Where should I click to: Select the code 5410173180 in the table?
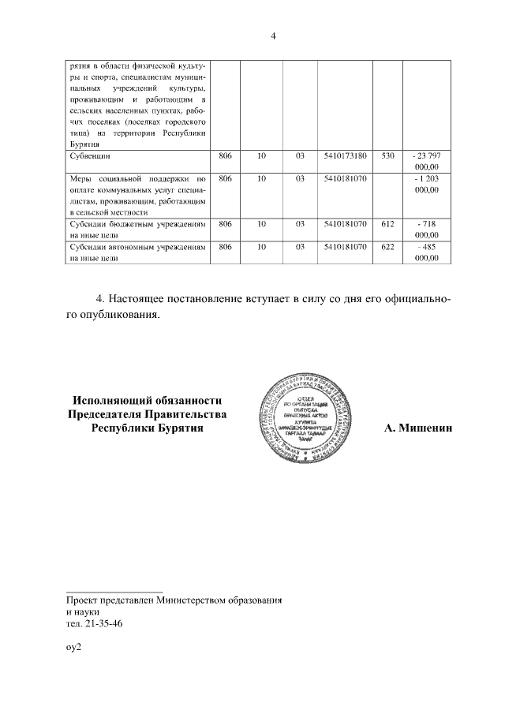coord(346,156)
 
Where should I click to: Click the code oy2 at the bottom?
coord(74,646)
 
